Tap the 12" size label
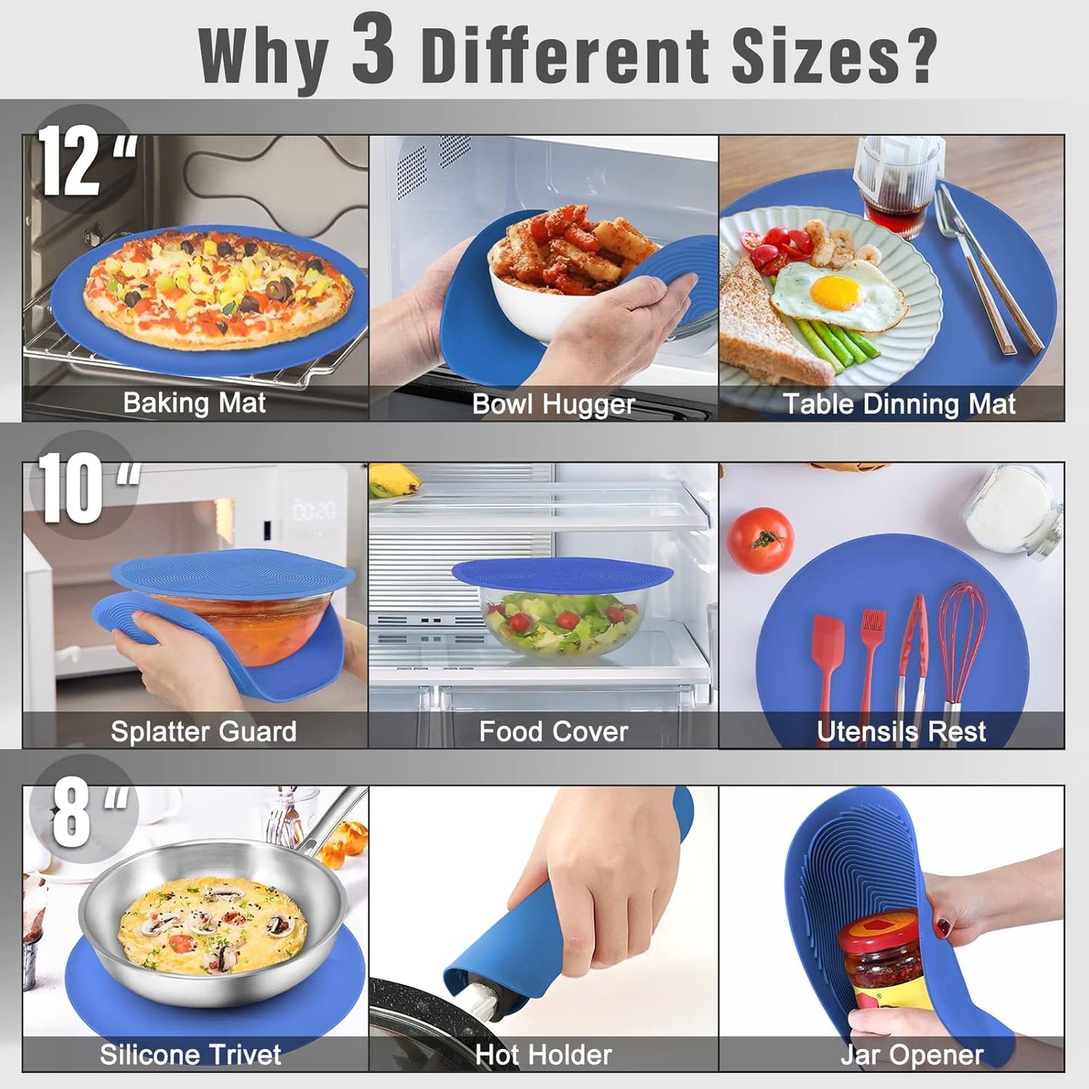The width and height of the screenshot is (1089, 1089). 84,160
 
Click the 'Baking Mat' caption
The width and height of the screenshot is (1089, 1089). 194,403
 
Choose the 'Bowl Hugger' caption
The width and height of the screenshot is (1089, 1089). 553,405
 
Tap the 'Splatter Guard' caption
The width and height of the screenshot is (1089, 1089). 203,732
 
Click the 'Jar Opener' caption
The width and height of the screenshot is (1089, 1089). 912,1055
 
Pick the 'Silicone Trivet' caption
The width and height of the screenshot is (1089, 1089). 190,1055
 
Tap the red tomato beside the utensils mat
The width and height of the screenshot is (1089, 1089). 760,540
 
